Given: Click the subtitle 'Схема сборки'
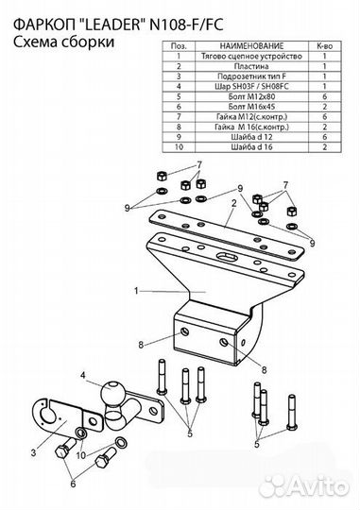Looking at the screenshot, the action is click(x=64, y=42).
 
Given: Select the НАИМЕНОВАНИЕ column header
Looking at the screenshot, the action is click(x=251, y=46).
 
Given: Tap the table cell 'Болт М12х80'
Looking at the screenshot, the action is click(x=251, y=96).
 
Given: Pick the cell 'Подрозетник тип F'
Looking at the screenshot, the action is click(x=251, y=76).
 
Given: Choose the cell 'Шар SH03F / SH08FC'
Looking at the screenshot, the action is click(x=251, y=87).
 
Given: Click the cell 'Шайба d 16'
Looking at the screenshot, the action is click(x=251, y=147).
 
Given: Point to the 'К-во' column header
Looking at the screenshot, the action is click(x=325, y=46).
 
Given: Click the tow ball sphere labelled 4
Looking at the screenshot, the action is click(x=111, y=393).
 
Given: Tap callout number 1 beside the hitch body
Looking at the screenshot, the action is click(x=136, y=291).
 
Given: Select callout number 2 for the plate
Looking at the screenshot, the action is click(x=233, y=204).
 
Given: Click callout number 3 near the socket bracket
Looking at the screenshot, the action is click(x=33, y=452).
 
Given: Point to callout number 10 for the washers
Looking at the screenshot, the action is click(x=80, y=455).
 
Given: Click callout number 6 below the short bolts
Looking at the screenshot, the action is click(x=73, y=484).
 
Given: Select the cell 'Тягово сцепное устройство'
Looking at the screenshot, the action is click(x=251, y=57).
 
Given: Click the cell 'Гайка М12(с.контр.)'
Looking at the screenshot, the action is click(x=251, y=117).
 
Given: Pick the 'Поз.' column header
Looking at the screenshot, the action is click(x=179, y=46).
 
